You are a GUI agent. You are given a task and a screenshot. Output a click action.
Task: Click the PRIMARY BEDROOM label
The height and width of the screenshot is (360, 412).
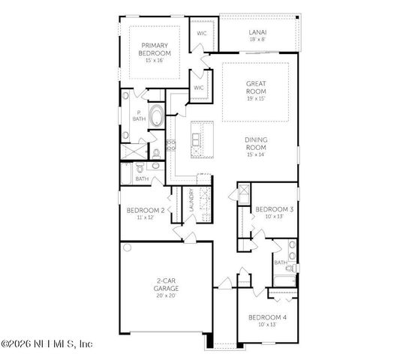(x=155, y=49)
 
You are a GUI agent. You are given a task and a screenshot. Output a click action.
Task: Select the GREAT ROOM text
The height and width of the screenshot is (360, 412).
(x=255, y=88)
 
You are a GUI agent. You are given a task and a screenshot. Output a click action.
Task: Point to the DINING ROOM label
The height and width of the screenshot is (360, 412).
(x=257, y=144)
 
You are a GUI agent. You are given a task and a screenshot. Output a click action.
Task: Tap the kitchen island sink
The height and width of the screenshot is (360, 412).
(x=197, y=140)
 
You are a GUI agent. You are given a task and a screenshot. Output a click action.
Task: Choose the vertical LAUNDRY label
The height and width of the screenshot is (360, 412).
(x=191, y=200)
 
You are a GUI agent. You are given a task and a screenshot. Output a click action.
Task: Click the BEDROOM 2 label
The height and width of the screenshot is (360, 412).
(x=145, y=210)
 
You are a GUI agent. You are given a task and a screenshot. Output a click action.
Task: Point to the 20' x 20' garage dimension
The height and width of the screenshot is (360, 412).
(x=166, y=295)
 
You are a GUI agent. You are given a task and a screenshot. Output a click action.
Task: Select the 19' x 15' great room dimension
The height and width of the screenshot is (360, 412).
(x=255, y=99)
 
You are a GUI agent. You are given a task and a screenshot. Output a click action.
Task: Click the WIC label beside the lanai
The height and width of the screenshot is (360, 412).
(x=202, y=34)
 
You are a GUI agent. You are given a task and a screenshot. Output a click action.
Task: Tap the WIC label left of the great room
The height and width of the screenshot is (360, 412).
(x=199, y=88)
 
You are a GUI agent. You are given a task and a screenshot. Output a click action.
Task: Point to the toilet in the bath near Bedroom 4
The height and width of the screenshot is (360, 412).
(x=295, y=267)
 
